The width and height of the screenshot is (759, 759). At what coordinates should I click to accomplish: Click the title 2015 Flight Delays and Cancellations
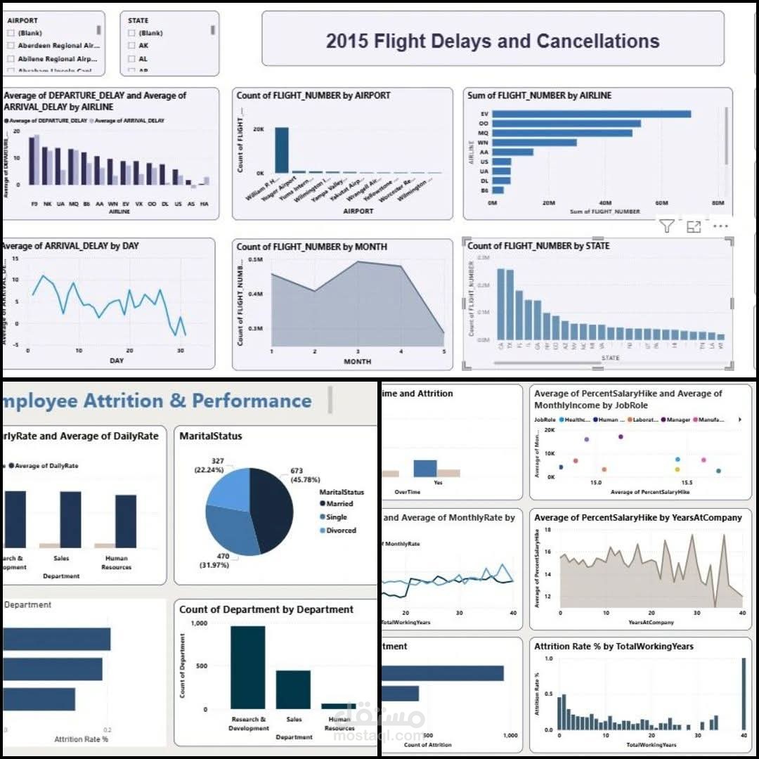tap(493, 41)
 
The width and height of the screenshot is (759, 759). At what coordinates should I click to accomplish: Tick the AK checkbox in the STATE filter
tap(132, 46)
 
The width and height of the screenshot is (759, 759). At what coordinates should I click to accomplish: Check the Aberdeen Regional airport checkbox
tap(11, 46)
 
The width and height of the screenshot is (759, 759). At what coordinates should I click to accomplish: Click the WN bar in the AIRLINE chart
tap(534, 143)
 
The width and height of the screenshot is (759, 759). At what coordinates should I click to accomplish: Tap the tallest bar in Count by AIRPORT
tap(281, 150)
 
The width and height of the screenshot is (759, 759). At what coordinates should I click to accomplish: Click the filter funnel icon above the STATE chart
tap(667, 226)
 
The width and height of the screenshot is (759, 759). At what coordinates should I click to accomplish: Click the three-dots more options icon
tap(720, 226)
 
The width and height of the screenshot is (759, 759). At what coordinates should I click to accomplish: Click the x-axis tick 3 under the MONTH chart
tap(358, 351)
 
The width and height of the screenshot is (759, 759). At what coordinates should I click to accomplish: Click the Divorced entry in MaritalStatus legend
tap(341, 531)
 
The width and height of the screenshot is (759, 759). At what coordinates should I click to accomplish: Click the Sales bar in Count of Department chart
tap(293, 689)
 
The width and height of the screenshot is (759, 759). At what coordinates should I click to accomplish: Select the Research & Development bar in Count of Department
tap(248, 668)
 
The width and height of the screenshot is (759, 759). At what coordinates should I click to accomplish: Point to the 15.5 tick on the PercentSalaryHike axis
tap(687, 483)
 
